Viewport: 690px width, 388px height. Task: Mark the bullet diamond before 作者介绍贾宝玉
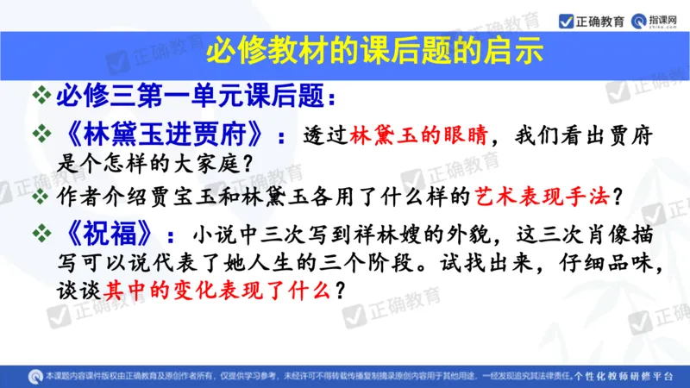41,196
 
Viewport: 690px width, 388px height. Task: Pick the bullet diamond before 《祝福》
41,234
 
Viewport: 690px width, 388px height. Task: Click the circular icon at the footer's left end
34,376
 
